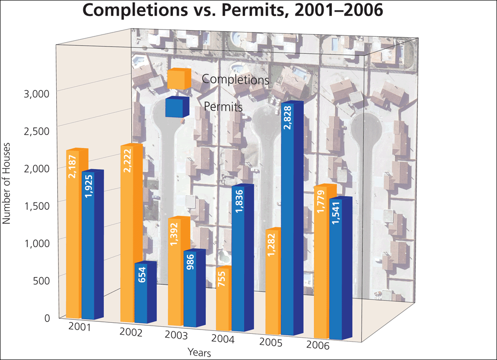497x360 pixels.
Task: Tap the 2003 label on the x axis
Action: click(x=176, y=335)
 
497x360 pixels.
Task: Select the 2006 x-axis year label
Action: click(x=317, y=345)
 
